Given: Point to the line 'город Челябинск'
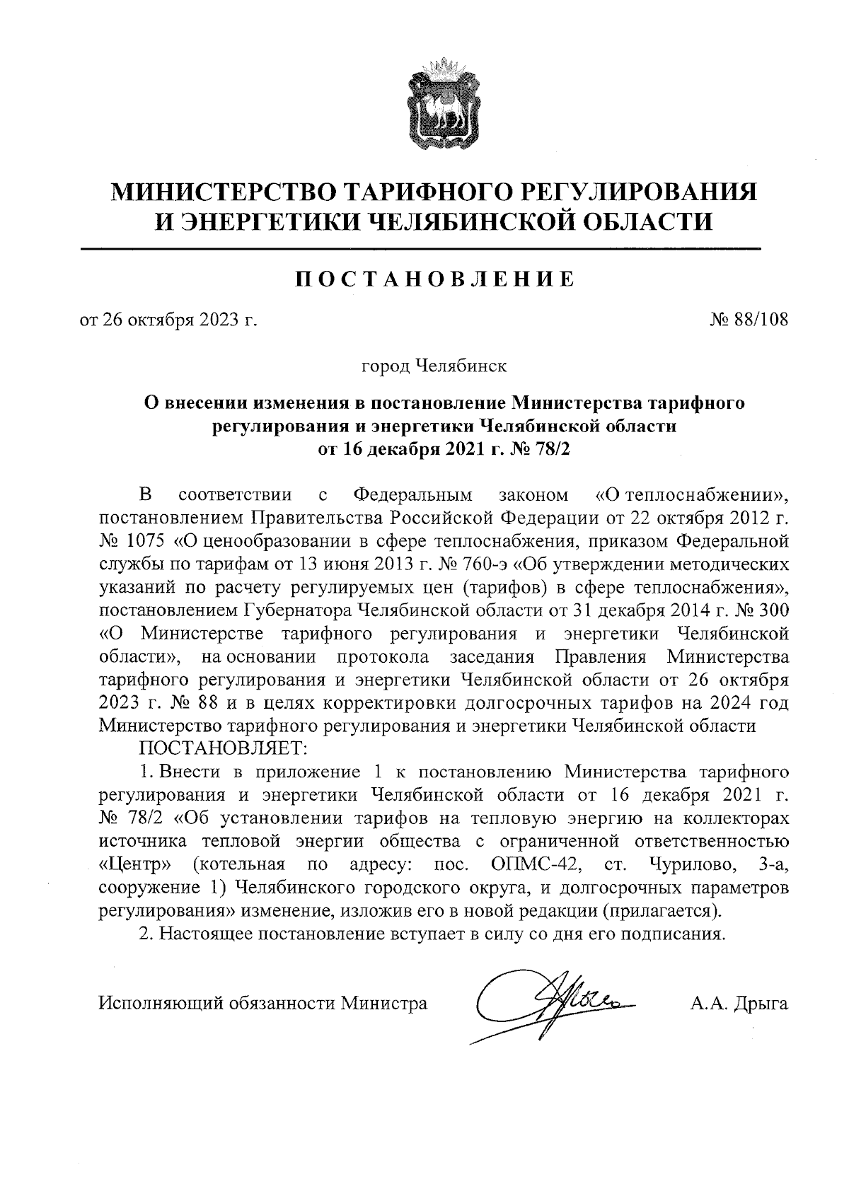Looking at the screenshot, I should (433, 366).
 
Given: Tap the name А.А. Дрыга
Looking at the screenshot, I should (739, 1002).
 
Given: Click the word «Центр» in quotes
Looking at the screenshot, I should (136, 864).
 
